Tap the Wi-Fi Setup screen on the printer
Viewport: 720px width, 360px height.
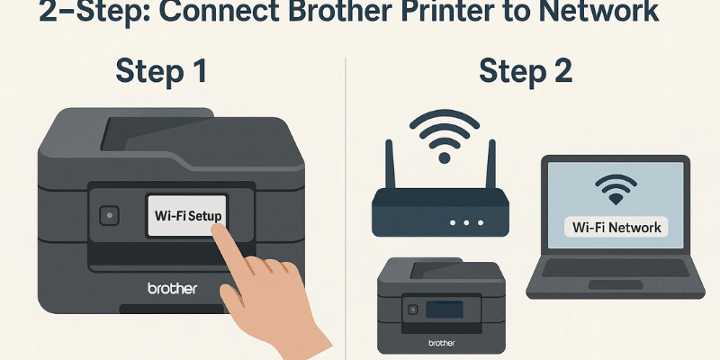[185, 217]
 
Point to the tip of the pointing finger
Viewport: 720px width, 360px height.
[216, 229]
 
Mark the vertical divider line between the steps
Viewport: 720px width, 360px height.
[346, 207]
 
